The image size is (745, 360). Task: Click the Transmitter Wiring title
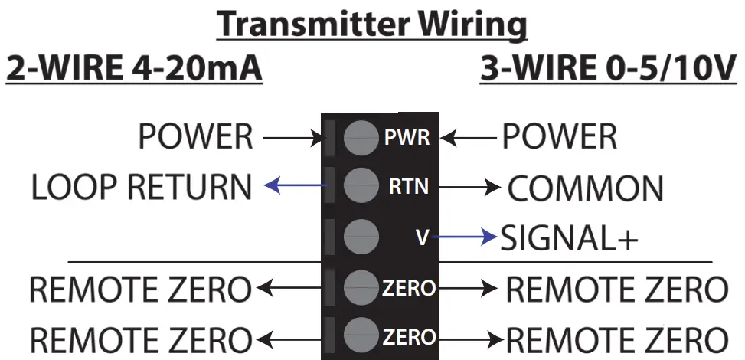pyautogui.click(x=372, y=25)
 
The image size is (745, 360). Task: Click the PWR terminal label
pyautogui.click(x=407, y=139)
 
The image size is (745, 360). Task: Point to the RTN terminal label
pyautogui.click(x=408, y=187)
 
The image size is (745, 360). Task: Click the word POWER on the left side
pyautogui.click(x=195, y=138)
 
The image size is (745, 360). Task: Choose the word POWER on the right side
pyautogui.click(x=559, y=138)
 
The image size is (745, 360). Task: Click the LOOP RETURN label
pyautogui.click(x=141, y=188)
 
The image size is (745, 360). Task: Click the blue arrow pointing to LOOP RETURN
pyautogui.click(x=296, y=185)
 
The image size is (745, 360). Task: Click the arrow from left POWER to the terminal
pyautogui.click(x=294, y=139)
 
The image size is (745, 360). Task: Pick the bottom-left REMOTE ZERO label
pyautogui.click(x=140, y=339)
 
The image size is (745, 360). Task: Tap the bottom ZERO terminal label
pyautogui.click(x=409, y=336)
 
